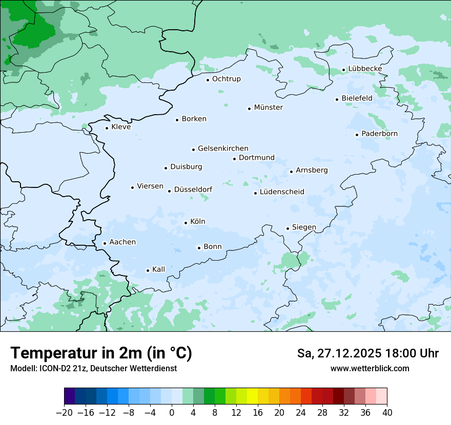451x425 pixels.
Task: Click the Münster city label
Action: (268, 108)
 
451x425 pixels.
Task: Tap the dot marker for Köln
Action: (186, 223)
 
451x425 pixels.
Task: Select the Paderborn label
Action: (379, 134)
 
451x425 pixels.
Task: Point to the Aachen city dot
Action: (105, 244)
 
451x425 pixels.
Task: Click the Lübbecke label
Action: (365, 69)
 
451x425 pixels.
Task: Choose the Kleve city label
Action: (121, 127)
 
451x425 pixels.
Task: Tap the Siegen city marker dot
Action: (288, 228)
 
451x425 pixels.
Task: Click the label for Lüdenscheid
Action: (282, 192)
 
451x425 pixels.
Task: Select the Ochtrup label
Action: (226, 79)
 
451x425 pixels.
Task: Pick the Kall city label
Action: (159, 269)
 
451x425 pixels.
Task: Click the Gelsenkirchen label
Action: (223, 148)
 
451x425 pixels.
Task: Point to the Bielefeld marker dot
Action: (337, 99)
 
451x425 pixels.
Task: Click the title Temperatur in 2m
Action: (101, 353)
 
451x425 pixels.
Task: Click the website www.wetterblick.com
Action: (370, 368)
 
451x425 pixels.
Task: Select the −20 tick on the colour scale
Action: (65, 413)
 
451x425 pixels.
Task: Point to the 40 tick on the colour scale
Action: (387, 413)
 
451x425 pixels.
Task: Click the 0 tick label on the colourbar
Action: (172, 413)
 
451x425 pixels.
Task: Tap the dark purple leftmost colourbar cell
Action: (70, 396)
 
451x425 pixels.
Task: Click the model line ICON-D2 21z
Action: (93, 368)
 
